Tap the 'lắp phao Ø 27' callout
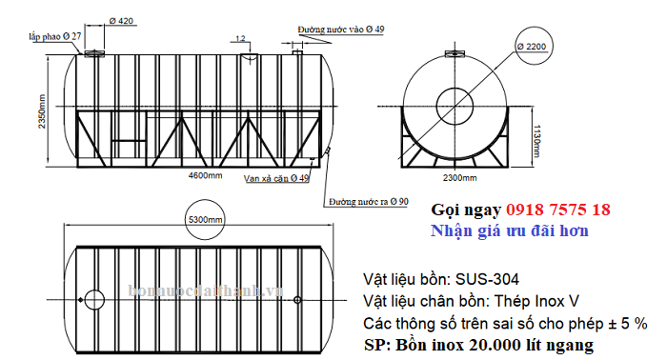[x=54, y=35]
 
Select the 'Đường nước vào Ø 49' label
[x=340, y=30]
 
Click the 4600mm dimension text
[x=205, y=176]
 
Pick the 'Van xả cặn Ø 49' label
[x=276, y=178]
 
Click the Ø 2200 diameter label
[x=533, y=46]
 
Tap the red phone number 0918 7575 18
[x=548, y=210]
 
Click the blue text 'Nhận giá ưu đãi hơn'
[x=510, y=230]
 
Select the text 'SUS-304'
[x=489, y=281]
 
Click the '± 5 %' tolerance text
[x=625, y=322]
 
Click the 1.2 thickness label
[x=240, y=39]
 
